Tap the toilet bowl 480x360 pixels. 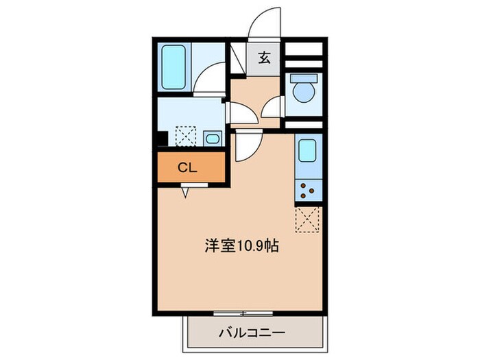(x=302, y=93)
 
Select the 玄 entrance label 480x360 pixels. (x=265, y=57)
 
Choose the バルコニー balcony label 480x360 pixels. (x=252, y=333)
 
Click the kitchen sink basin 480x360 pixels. (x=307, y=149)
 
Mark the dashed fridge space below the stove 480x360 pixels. (x=307, y=219)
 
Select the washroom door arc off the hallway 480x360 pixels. (x=239, y=113)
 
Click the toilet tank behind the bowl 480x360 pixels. (x=302, y=77)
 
